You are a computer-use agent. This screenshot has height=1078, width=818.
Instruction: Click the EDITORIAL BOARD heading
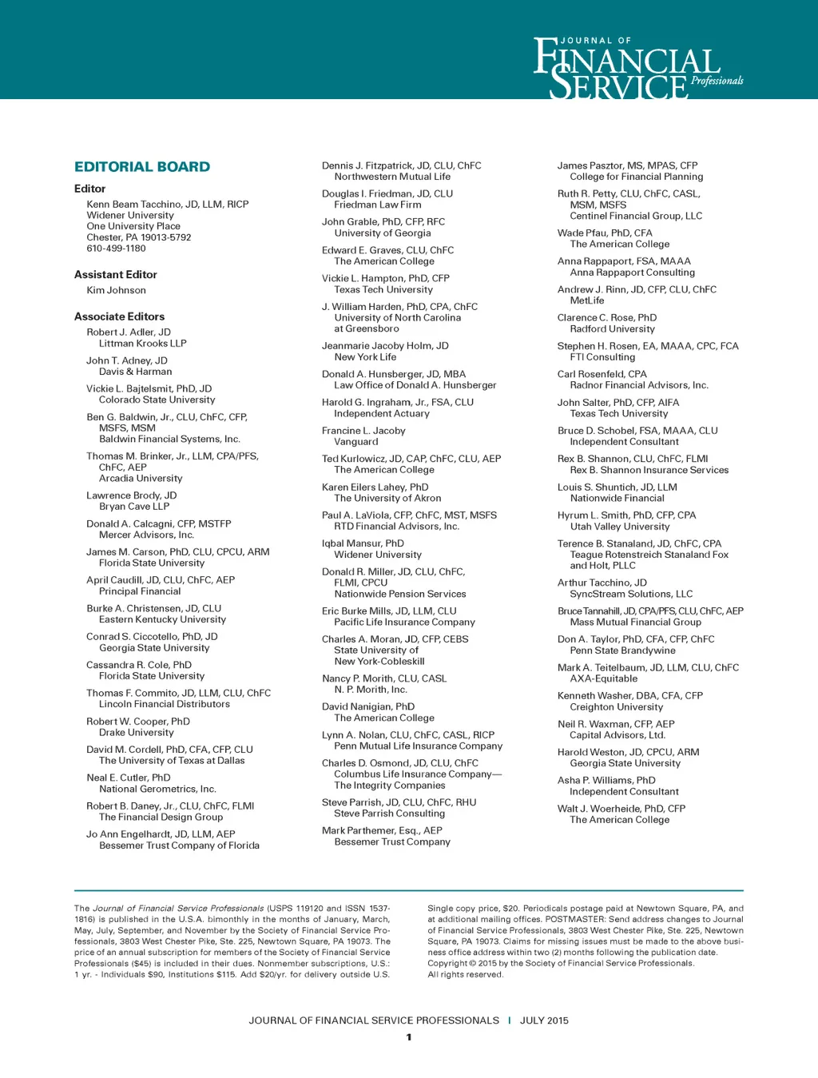(142, 167)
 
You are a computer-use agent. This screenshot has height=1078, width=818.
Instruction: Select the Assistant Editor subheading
(116, 275)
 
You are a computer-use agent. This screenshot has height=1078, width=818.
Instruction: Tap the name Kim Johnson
(117, 291)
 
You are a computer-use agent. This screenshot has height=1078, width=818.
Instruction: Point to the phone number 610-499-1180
(117, 249)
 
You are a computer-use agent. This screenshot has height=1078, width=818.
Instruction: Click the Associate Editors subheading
(120, 317)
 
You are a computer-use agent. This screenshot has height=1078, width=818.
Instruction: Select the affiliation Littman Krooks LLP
(143, 344)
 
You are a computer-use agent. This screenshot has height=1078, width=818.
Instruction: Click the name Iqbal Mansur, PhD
(363, 543)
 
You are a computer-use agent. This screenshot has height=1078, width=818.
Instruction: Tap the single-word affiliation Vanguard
(356, 442)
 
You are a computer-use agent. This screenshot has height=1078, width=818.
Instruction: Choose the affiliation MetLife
(587, 301)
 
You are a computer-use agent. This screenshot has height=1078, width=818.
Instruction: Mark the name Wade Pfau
(582, 233)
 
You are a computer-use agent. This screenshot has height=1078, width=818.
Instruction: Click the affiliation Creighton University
(617, 707)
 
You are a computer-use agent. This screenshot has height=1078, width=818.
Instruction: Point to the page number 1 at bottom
(409, 1037)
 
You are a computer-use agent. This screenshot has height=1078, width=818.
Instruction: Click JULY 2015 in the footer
(544, 1020)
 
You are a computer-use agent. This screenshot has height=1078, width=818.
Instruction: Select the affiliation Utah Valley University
(620, 527)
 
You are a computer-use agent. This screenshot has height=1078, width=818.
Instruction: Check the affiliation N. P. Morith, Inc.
(371, 690)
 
